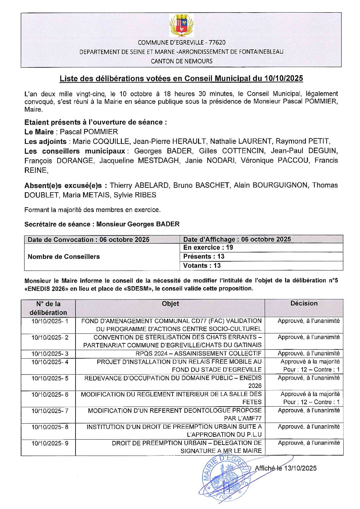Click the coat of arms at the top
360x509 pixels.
181,25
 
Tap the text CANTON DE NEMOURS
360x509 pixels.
181,61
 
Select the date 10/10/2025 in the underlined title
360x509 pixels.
283,79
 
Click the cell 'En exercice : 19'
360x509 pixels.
208,248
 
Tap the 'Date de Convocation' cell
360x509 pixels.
88,240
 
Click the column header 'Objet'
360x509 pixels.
170,304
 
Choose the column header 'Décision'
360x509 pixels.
304,303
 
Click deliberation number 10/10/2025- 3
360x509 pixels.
50,354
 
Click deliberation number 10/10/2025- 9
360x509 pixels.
50,443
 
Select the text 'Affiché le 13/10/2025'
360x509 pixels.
285,468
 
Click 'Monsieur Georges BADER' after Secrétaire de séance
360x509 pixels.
138,224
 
